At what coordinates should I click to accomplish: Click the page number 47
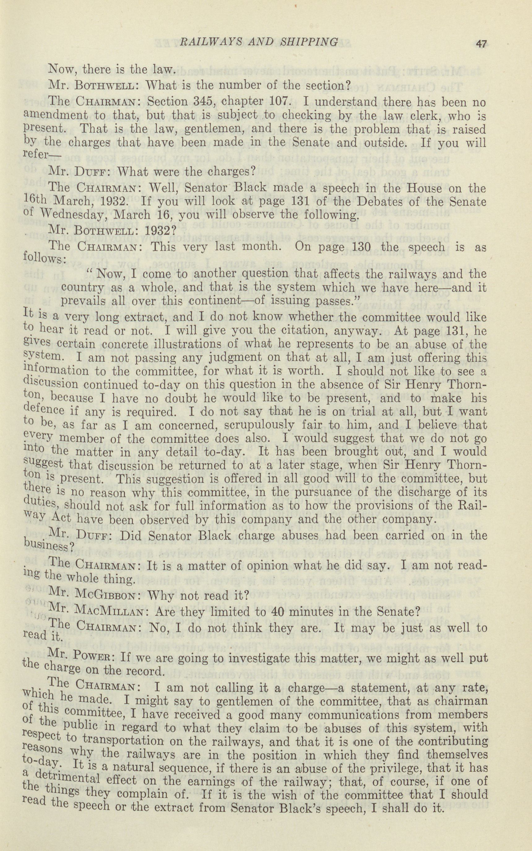pos(481,44)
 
